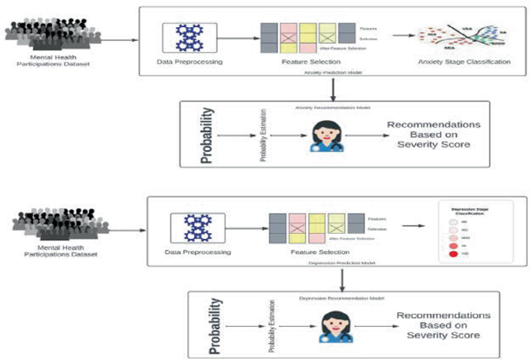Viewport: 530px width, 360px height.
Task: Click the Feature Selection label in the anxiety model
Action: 306,62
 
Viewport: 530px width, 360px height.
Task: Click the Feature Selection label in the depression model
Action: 316,252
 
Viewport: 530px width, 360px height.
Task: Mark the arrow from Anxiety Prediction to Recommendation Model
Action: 332,87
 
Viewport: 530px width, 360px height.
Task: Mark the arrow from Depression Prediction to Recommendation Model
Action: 341,279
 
